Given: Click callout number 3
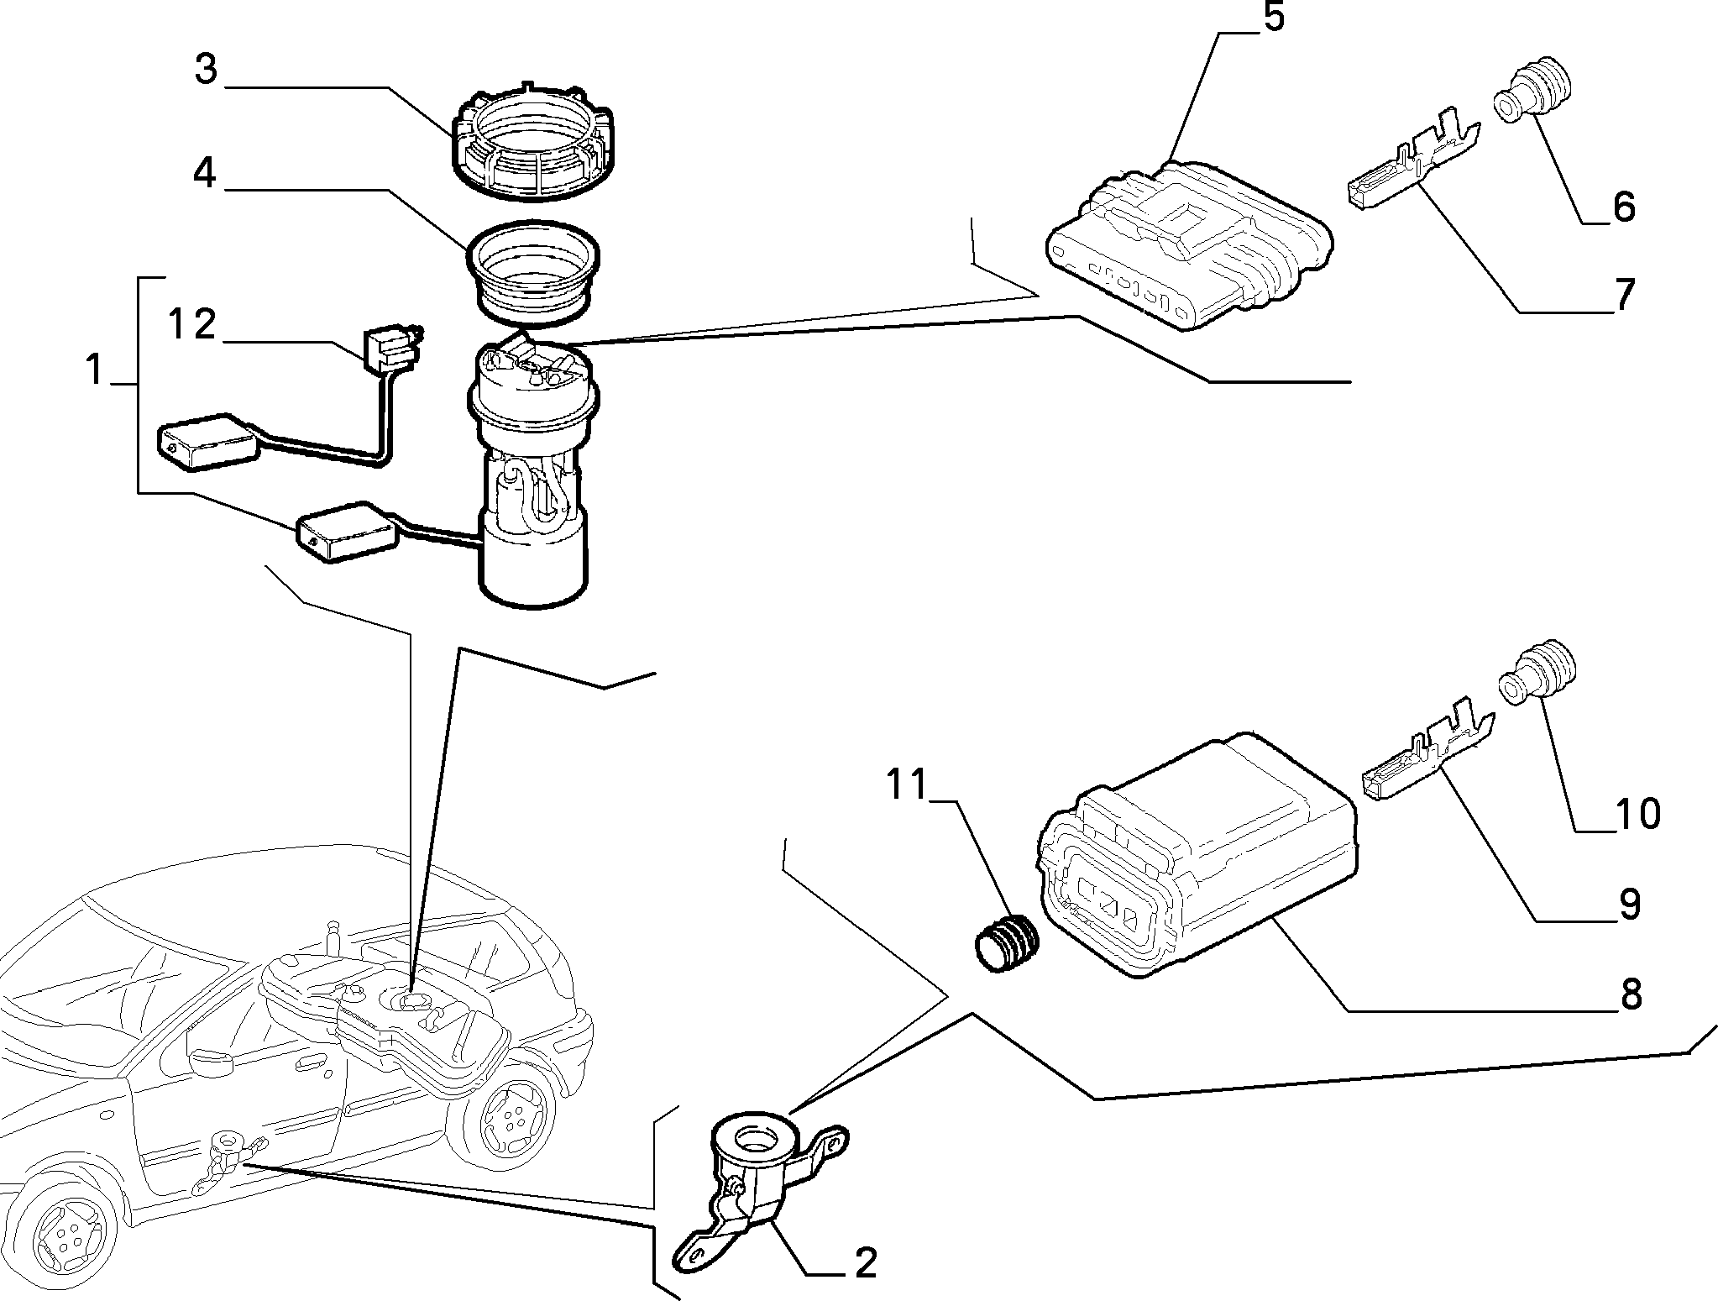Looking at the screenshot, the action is [206, 71].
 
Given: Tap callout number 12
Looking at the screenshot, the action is [193, 324].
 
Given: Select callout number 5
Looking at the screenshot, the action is [1274, 18].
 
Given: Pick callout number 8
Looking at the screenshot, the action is [1630, 994].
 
